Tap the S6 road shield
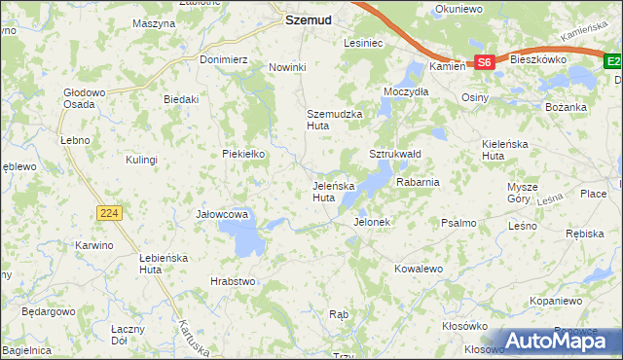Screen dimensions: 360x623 coord(486,62)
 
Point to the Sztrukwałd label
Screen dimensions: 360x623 coord(394,154)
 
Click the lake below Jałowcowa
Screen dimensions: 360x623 coord(240,236)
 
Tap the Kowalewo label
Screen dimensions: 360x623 coord(419,268)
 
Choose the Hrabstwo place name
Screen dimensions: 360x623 coord(233,281)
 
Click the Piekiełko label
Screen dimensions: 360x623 coord(243,154)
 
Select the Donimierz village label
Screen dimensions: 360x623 coord(224,59)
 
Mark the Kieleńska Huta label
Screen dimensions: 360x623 coord(506,149)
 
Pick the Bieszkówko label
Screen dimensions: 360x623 coord(538,59)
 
